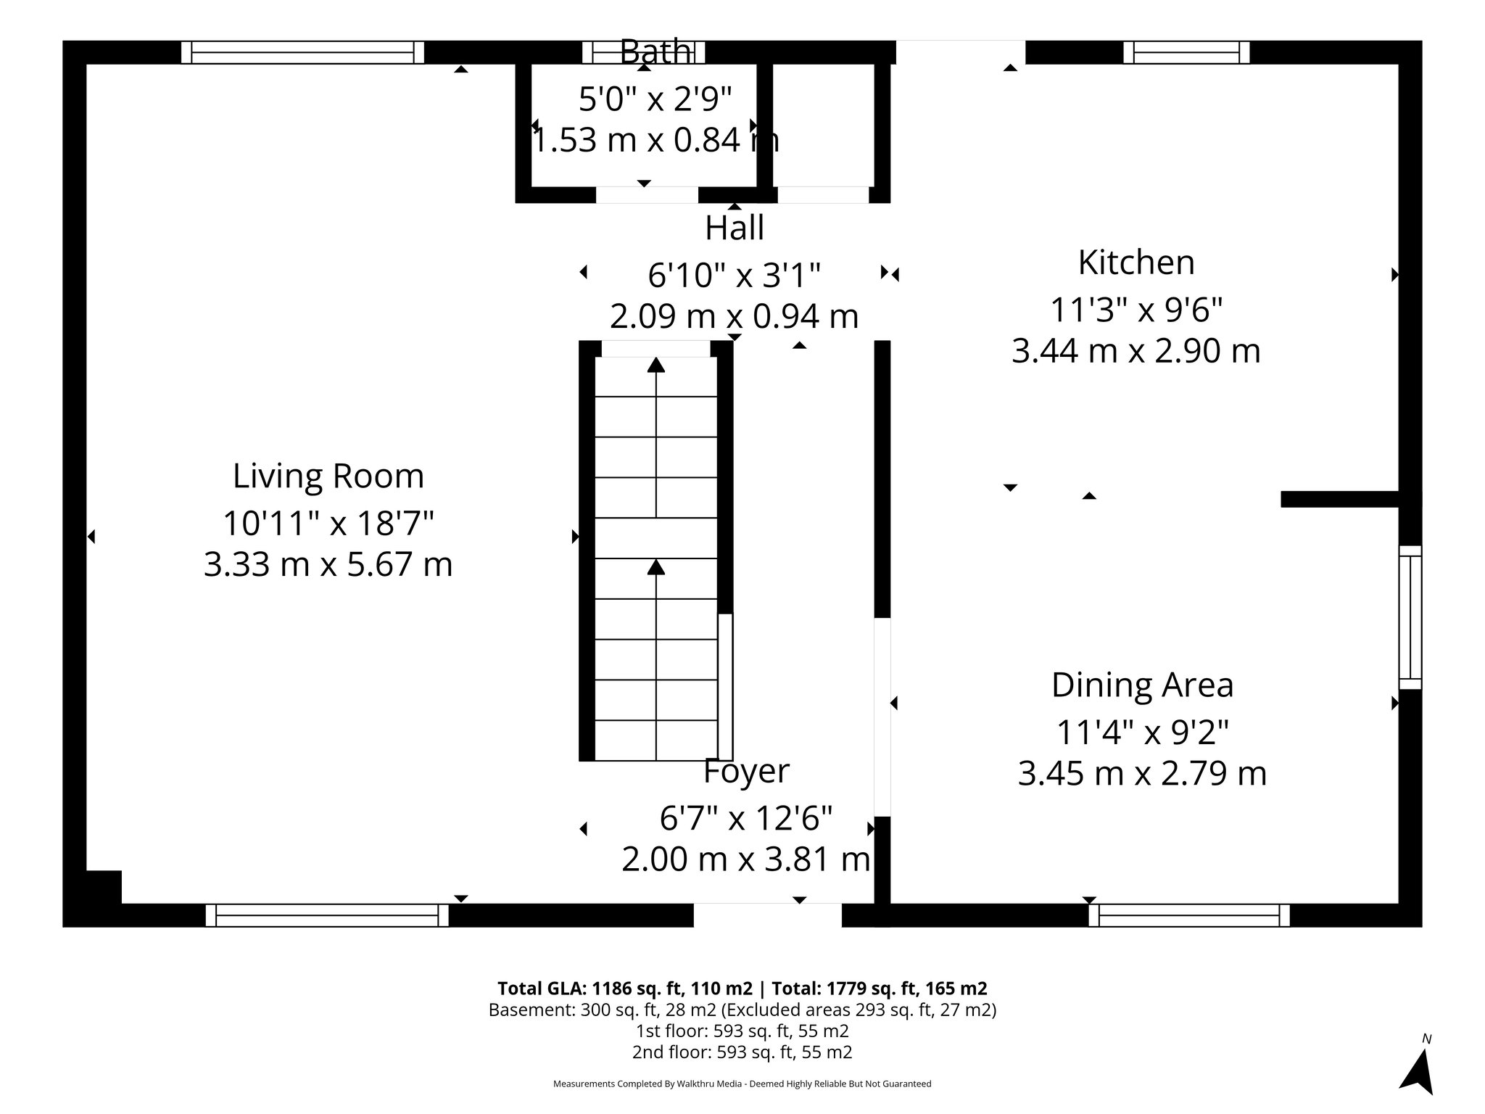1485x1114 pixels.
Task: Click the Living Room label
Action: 328,476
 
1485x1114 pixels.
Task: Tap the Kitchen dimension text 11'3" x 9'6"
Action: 1136,310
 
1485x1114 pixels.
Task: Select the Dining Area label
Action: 1142,685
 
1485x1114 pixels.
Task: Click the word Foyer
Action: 746,772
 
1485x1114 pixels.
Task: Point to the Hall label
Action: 734,228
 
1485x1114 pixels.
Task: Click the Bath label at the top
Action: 655,52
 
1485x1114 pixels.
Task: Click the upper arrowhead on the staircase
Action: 655,365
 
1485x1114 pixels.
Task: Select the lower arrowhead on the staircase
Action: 655,566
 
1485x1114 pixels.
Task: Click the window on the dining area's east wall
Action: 1410,617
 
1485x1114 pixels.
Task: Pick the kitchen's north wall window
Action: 1186,52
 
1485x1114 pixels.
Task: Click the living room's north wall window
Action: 302,52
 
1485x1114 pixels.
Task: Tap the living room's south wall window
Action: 327,915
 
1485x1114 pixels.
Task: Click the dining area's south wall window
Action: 1189,915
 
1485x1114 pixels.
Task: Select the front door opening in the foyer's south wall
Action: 767,915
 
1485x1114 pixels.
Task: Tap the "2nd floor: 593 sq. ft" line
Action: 742,1052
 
